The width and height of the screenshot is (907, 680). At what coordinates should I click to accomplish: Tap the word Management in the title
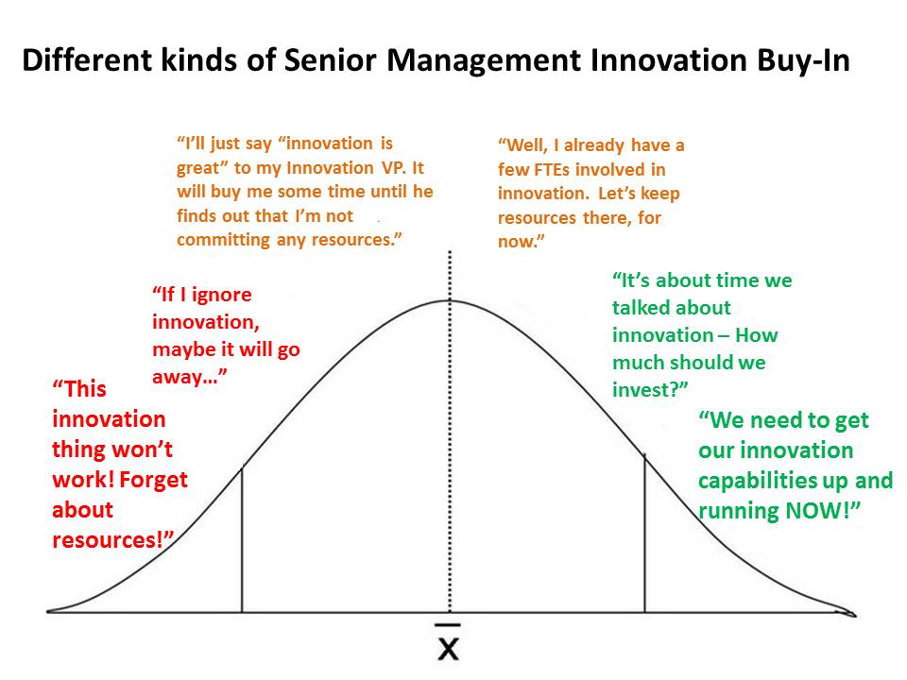click(x=484, y=61)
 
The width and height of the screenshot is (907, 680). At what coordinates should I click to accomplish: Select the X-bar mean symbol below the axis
click(x=448, y=642)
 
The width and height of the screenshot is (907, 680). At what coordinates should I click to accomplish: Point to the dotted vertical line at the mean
click(x=450, y=432)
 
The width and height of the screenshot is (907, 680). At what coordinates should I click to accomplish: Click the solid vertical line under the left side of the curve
click(x=242, y=539)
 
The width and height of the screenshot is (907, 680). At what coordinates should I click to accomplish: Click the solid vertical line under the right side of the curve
click(x=644, y=533)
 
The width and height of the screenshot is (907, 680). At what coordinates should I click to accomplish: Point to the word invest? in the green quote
click(x=650, y=390)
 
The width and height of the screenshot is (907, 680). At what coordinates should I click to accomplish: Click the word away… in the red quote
click(x=189, y=377)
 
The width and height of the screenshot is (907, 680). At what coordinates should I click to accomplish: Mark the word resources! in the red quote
click(x=112, y=540)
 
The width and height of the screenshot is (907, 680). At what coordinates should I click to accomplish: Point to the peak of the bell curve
click(x=450, y=300)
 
